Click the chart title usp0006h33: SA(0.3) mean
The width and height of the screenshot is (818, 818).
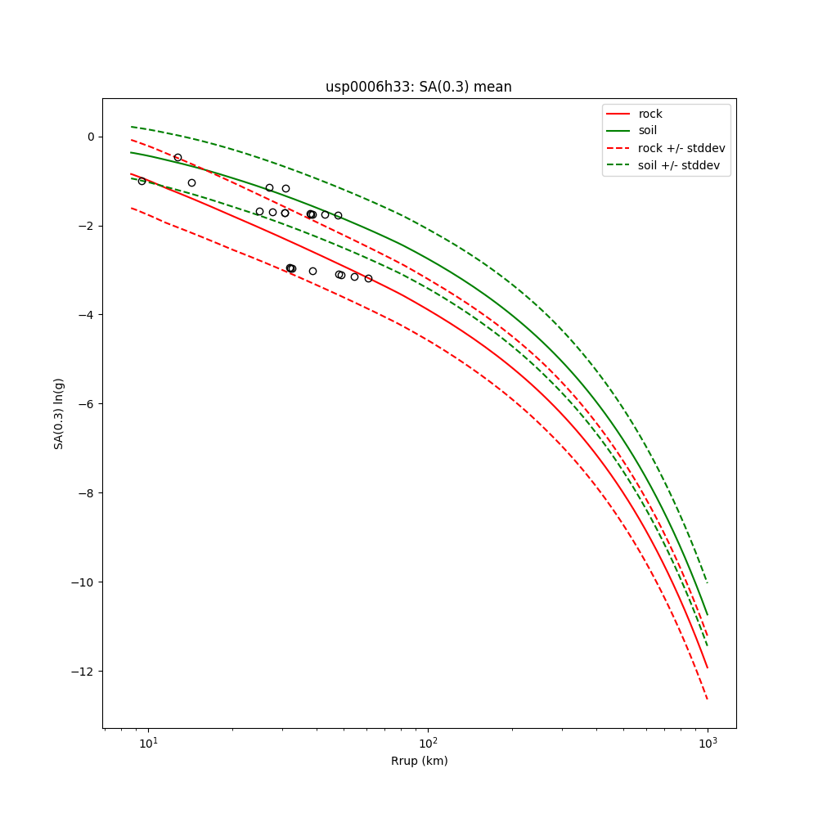[x=418, y=87]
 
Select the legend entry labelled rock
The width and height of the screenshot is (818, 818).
[x=650, y=114]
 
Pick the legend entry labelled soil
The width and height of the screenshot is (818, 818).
[x=647, y=130]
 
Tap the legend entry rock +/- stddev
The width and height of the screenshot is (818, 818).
[x=681, y=148]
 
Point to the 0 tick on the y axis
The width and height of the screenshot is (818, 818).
[x=91, y=137]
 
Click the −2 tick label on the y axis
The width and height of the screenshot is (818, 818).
[x=88, y=226]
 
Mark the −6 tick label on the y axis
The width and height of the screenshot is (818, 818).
[x=88, y=404]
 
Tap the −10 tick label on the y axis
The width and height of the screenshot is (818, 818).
[x=84, y=582]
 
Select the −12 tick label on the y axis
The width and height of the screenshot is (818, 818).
[x=84, y=672]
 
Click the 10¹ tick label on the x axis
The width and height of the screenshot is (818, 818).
[x=148, y=744]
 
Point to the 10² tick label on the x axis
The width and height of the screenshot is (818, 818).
[x=428, y=744]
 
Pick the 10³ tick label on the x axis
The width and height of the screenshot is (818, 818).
[x=708, y=744]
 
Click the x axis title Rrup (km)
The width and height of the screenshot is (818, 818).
[x=419, y=761]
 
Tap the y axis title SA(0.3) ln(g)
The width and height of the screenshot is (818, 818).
[x=59, y=413]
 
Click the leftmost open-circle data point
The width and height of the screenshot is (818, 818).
[x=142, y=181]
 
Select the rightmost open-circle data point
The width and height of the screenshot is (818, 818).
[x=368, y=278]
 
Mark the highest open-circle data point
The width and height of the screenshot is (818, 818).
[x=178, y=157]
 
